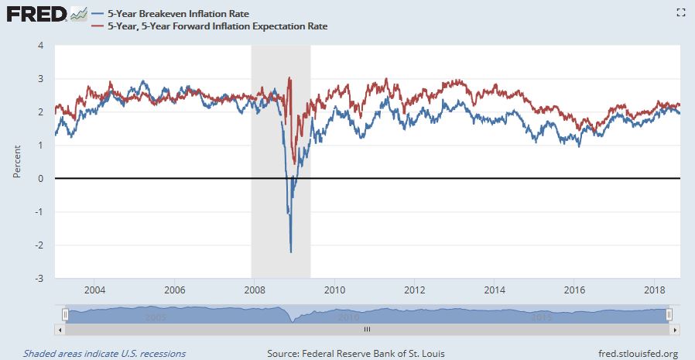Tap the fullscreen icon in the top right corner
click(681, 12)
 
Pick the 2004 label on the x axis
click(94, 291)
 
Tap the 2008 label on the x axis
click(255, 291)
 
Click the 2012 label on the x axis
click(415, 291)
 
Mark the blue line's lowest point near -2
click(291, 252)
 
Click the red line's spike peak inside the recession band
click(289, 77)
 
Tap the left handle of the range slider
click(66, 314)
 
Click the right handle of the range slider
click(669, 314)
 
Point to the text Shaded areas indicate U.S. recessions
click(104, 354)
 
